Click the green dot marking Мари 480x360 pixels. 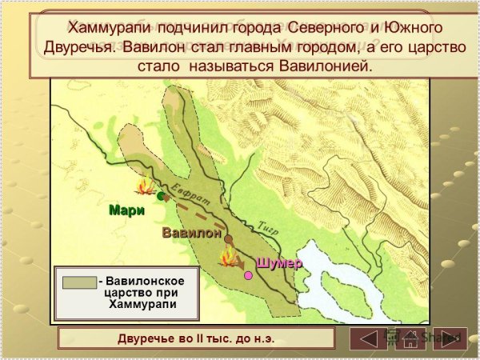162,195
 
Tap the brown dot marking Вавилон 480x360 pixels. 228,238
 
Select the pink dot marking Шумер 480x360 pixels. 248,275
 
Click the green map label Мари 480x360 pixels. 126,211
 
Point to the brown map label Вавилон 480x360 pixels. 191,234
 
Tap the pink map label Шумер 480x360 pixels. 278,263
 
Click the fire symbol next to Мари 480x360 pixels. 146,190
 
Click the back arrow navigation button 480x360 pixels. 366,338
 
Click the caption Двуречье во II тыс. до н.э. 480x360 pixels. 196,338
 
